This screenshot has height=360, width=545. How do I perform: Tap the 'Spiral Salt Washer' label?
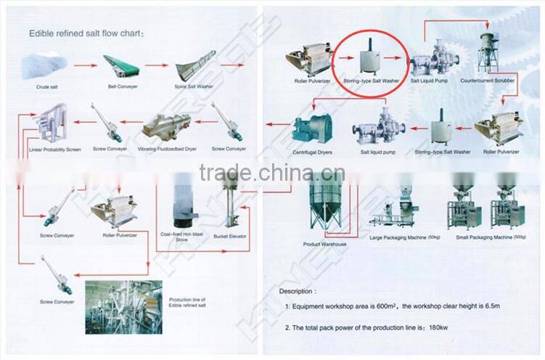click(x=194, y=86)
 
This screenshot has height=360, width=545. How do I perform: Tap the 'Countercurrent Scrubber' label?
click(x=487, y=81)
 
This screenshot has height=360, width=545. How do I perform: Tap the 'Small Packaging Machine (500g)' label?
click(x=492, y=237)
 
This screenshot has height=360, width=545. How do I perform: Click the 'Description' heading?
click(x=298, y=290)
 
